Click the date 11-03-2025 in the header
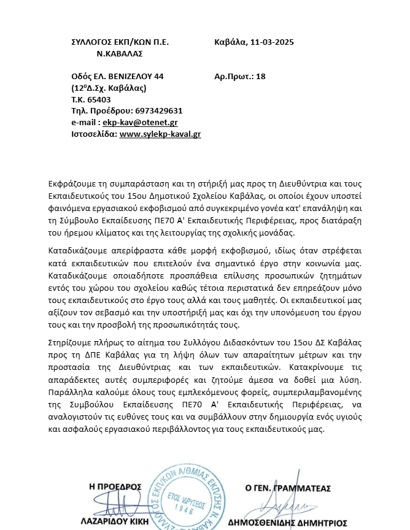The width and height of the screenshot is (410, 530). click(x=271, y=42)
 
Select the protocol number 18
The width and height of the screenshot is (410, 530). click(x=260, y=77)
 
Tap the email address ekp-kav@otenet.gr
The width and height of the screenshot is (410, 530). click(x=131, y=122)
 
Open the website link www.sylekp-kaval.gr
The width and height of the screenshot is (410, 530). click(x=160, y=134)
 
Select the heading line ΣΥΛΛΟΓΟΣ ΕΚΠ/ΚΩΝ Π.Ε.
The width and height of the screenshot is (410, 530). click(x=120, y=42)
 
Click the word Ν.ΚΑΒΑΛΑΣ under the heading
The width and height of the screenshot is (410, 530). click(x=120, y=53)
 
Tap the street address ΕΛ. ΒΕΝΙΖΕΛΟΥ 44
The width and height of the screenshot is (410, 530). click(x=128, y=77)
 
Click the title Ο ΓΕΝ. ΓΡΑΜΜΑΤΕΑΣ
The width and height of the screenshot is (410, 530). click(x=288, y=488)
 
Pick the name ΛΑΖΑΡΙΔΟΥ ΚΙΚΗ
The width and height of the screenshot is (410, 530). click(x=110, y=523)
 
